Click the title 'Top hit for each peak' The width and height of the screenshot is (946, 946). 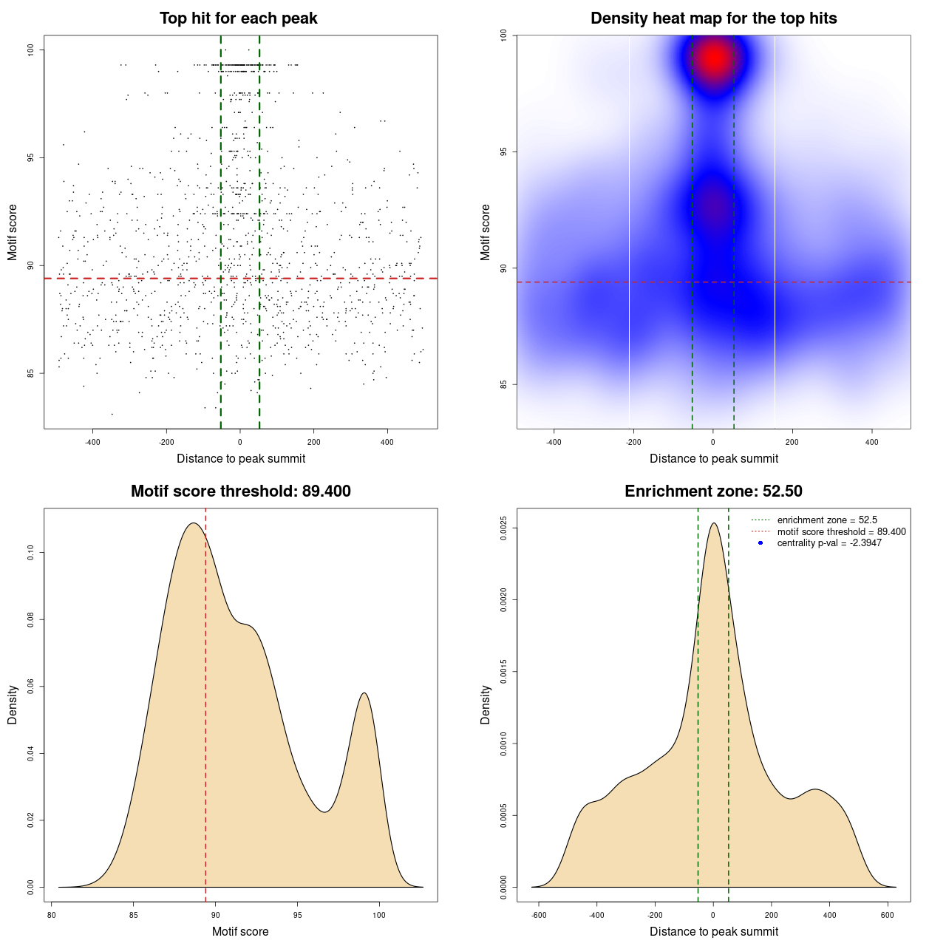pos(238,18)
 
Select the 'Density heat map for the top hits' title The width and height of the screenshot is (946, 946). pos(713,18)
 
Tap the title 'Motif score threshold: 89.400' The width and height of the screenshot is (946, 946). pos(240,491)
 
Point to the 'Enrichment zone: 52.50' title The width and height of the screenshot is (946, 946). pos(713,491)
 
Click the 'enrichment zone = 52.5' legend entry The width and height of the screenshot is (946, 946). pos(827,520)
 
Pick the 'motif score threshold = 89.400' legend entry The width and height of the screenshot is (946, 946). pos(841,531)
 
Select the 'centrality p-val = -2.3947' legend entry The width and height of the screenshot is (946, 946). pos(829,543)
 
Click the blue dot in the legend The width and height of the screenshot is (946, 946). pos(760,543)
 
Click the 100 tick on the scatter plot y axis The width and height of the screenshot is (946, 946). pos(30,50)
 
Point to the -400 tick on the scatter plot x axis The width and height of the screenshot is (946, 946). pos(92,442)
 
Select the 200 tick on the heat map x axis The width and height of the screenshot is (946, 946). pos(792,442)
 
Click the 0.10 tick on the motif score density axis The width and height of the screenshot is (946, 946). pos(30,553)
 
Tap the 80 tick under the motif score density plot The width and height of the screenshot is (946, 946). pos(52,915)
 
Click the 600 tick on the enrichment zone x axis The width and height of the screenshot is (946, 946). pos(888,915)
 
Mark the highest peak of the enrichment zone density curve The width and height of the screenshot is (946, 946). pos(713,524)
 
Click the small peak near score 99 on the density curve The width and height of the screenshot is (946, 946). pos(364,693)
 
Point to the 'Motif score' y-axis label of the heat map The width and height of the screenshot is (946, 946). pos(485,232)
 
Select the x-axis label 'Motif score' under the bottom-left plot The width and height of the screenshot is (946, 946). pos(240,931)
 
